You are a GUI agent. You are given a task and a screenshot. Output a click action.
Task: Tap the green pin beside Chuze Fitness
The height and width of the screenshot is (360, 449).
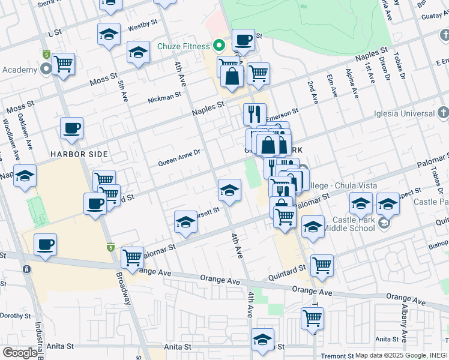pyautogui.click(x=220, y=46)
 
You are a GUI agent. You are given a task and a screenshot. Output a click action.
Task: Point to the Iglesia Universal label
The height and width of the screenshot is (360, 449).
pyautogui.click(x=403, y=113)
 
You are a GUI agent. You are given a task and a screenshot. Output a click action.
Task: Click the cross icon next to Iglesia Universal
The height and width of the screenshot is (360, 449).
pyautogui.click(x=443, y=113)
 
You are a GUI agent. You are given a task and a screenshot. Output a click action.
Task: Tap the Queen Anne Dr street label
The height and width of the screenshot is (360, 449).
pyautogui.click(x=179, y=162)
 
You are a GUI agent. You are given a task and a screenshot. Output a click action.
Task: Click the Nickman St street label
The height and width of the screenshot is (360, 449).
pyautogui.click(x=164, y=97)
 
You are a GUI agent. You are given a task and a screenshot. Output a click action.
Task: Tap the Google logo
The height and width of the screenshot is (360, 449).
pyautogui.click(x=20, y=353)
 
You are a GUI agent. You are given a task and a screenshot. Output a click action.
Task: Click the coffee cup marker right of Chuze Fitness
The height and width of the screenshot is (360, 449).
pyautogui.click(x=243, y=40)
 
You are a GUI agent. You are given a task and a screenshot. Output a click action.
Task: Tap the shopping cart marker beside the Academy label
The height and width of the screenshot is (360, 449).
pyautogui.click(x=63, y=63)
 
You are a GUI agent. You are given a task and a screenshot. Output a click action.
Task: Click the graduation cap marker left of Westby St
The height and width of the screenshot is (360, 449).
pyautogui.click(x=109, y=34)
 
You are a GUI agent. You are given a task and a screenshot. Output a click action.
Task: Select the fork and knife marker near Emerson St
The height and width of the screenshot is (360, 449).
pyautogui.click(x=255, y=113)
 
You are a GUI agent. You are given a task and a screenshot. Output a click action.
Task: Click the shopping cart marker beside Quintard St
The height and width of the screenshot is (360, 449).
pyautogui.click(x=322, y=265)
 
